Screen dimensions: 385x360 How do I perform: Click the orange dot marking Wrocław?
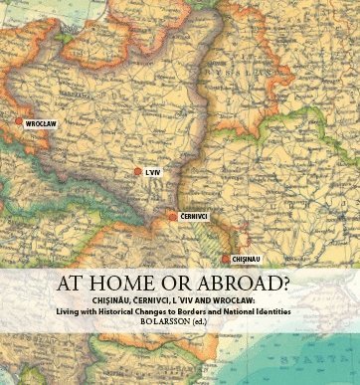click(x=17, y=123)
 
